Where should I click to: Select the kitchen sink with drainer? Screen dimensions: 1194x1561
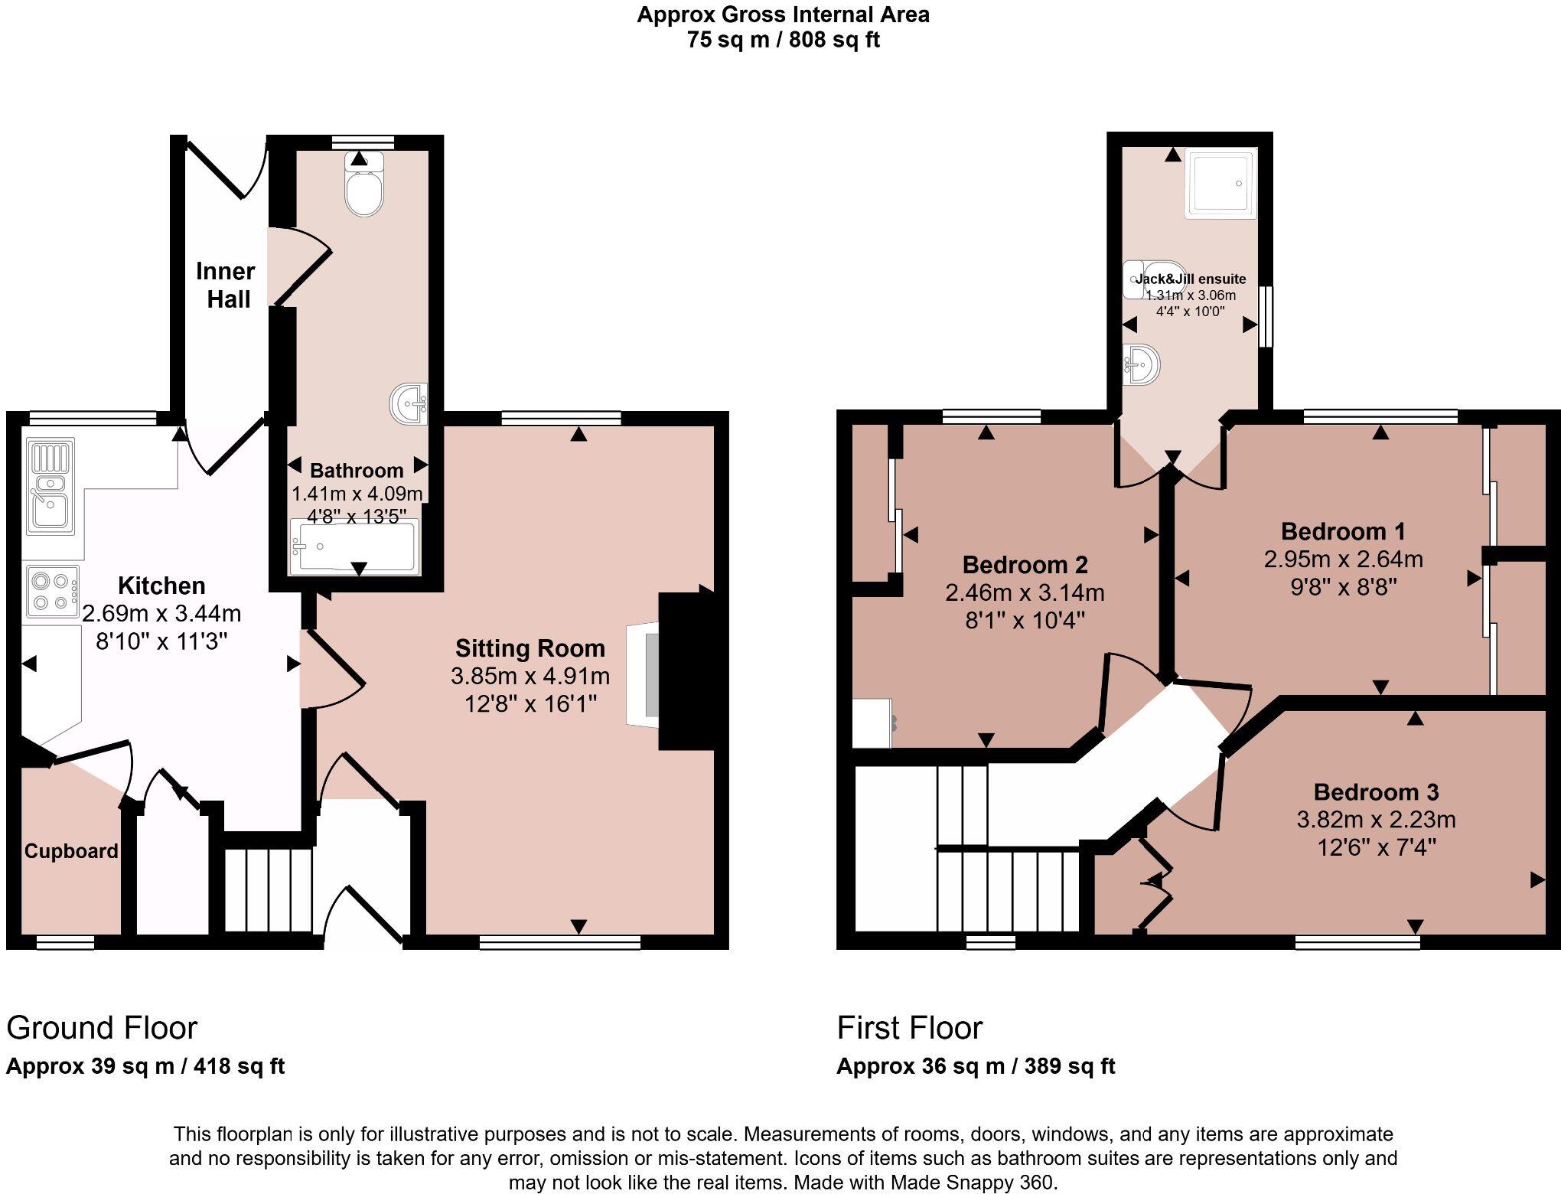click(x=51, y=485)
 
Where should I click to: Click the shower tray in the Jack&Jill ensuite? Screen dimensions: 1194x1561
click(x=1220, y=183)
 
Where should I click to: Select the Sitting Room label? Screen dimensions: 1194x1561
click(x=530, y=648)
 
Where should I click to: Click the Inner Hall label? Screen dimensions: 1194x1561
click(x=224, y=285)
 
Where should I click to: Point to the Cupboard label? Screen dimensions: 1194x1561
click(x=71, y=851)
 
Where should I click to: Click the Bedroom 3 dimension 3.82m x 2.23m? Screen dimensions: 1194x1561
click(x=1376, y=820)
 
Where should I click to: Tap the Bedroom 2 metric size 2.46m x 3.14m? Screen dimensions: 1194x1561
click(x=1025, y=592)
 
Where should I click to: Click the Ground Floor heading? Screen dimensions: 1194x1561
click(x=102, y=1027)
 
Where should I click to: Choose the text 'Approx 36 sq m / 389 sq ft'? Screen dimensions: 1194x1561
click(x=976, y=1066)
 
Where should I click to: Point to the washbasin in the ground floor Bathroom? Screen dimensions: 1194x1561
click(x=409, y=403)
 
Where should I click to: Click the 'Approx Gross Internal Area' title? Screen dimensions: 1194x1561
click(x=783, y=15)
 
